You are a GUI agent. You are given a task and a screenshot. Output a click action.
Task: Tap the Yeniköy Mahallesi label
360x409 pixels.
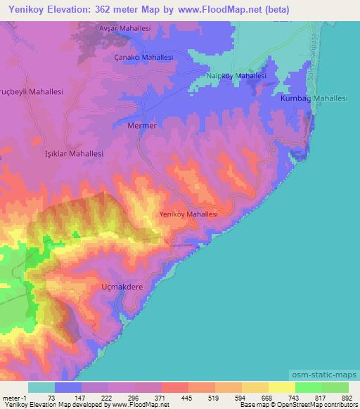[188, 214]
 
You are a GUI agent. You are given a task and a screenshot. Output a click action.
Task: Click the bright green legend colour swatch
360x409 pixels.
[308, 387]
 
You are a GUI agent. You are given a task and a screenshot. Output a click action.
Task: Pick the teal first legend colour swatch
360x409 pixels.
[41, 387]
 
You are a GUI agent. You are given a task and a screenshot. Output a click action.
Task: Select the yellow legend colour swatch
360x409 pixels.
[281, 387]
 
